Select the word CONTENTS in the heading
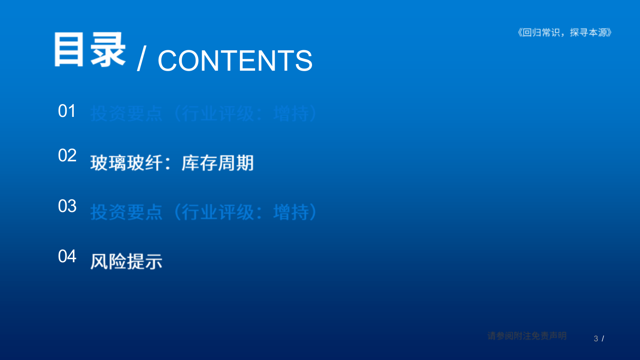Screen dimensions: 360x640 click(x=235, y=60)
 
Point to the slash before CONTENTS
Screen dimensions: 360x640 click(x=142, y=60)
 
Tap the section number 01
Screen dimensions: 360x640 click(x=67, y=111)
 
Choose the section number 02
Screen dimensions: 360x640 click(x=67, y=156)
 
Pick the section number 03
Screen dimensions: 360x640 click(x=67, y=206)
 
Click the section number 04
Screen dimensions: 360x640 click(x=67, y=256)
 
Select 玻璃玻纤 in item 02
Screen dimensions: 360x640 click(x=126, y=163)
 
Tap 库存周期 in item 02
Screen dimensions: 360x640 click(x=217, y=163)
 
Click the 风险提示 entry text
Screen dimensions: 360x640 click(x=126, y=261)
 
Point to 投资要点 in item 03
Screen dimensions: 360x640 click(x=126, y=212)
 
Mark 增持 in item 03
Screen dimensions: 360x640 click(x=291, y=212)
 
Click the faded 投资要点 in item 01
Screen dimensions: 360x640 click(x=126, y=114)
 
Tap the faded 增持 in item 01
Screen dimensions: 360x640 click(x=291, y=114)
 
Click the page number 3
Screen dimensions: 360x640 click(x=596, y=339)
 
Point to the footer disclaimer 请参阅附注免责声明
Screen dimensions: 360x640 click(x=527, y=336)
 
